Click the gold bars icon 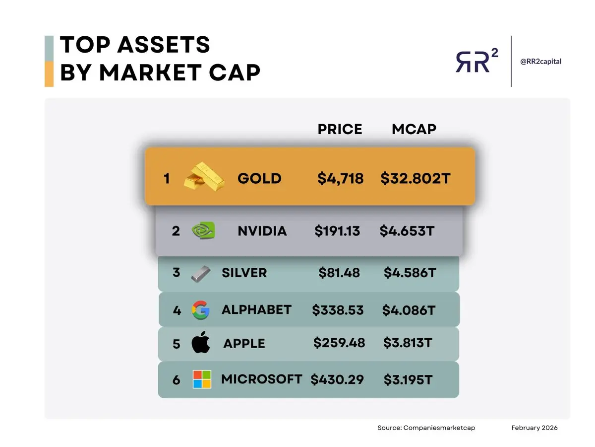tap(204, 177)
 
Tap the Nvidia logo tap(204, 231)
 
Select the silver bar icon tap(201, 273)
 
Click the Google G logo tap(201, 310)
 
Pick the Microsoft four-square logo tap(202, 379)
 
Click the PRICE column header tap(340, 129)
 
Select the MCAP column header tap(414, 129)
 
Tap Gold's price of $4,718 tap(341, 178)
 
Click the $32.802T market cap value tap(416, 178)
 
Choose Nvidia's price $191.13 tap(337, 231)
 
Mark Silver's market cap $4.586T tap(410, 273)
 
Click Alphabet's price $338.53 tap(338, 310)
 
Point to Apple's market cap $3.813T tap(408, 343)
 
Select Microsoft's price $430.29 tap(337, 380)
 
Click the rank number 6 tap(177, 380)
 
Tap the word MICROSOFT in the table tap(261, 379)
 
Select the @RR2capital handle tap(540, 62)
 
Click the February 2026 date tap(535, 428)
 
